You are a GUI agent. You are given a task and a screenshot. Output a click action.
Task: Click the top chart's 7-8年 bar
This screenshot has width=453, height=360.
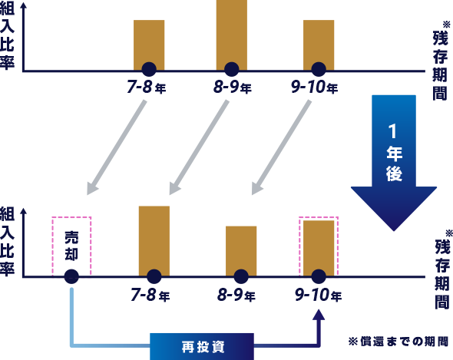(149, 45)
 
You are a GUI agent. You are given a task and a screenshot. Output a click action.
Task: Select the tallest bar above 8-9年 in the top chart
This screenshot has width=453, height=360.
(232, 35)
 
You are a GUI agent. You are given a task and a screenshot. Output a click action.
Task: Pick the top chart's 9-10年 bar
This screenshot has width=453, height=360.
(319, 45)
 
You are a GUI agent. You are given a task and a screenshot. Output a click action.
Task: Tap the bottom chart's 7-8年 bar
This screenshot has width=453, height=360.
(154, 241)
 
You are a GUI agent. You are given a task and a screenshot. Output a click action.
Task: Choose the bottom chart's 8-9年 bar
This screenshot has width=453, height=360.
(241, 251)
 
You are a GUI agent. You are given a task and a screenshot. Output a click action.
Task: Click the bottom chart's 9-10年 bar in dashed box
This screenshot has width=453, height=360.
(319, 249)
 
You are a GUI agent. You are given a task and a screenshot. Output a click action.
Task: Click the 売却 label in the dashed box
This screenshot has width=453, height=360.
(71, 246)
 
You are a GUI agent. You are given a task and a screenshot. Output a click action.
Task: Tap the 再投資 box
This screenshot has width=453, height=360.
(202, 347)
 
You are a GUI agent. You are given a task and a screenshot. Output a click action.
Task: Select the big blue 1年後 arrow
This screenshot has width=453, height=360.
(394, 163)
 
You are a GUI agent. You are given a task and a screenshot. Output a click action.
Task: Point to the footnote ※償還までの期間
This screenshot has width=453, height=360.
(398, 342)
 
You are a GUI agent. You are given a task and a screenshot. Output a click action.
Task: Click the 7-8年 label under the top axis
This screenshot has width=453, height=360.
(147, 87)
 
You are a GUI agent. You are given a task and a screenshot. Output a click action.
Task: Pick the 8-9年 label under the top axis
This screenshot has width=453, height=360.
(233, 87)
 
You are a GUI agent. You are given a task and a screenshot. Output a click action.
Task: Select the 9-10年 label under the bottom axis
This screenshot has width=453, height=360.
(319, 296)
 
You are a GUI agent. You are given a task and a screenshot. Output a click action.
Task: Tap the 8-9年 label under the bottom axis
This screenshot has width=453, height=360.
(236, 296)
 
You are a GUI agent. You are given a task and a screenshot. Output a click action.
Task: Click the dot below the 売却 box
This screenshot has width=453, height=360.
(71, 276)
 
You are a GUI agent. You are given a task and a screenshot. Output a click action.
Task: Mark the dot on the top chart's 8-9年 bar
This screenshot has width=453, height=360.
(232, 70)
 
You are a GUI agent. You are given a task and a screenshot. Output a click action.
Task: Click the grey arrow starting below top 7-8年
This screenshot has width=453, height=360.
(116, 147)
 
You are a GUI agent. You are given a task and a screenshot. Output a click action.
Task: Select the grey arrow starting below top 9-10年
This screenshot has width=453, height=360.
(281, 147)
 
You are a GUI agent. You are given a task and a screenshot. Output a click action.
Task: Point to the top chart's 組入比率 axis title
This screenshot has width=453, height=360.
(7, 36)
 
